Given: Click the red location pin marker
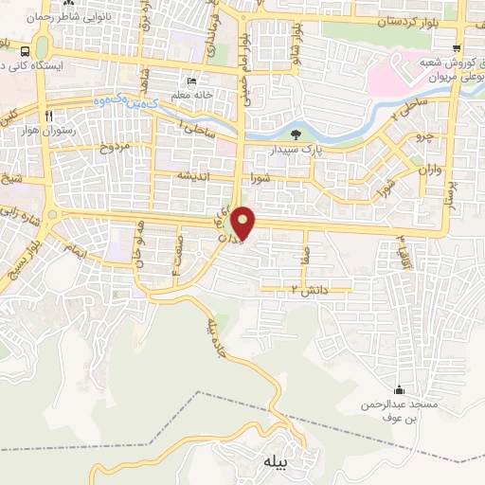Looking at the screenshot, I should coord(244,223).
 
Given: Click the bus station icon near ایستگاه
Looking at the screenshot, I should coord(25,52).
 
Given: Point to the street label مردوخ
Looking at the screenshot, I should coord(113,149).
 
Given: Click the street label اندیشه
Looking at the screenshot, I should coord(190,177).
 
